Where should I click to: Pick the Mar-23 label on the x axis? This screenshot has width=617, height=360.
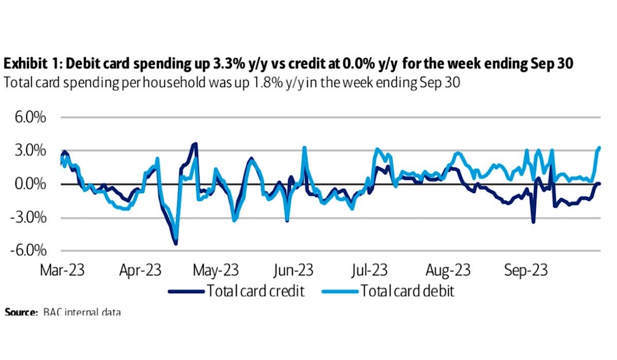coord(62,269)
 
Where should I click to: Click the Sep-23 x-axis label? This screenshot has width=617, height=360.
coord(521,269)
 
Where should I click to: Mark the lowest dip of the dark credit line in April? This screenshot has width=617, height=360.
coord(176,243)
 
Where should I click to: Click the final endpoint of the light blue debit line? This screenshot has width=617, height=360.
coord(600,148)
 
